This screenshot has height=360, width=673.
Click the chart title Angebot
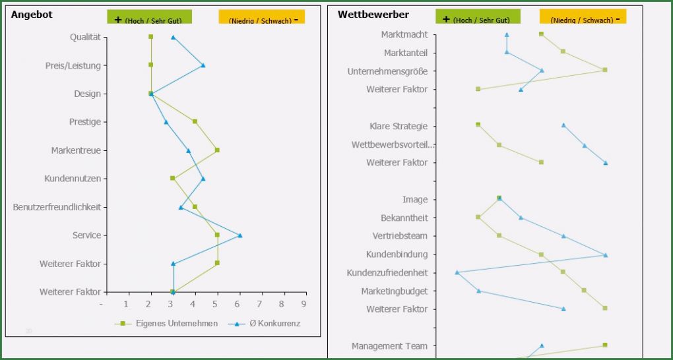click(32, 15)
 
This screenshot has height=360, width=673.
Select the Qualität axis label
click(85, 37)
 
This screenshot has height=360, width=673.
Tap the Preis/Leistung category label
click(73, 65)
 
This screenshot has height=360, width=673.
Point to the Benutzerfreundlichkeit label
click(57, 207)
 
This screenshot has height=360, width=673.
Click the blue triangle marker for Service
click(240, 235)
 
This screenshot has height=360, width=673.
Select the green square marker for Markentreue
click(217, 150)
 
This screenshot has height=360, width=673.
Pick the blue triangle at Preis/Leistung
click(203, 65)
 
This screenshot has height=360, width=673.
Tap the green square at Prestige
click(195, 121)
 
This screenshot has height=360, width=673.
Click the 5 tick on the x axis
click(215, 305)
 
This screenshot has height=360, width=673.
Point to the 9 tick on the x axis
click(304, 305)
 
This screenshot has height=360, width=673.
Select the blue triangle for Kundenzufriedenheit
click(457, 272)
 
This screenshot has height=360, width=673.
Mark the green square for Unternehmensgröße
click(604, 70)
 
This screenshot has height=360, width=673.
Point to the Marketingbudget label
click(394, 291)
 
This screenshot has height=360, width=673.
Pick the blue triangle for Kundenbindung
click(605, 255)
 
